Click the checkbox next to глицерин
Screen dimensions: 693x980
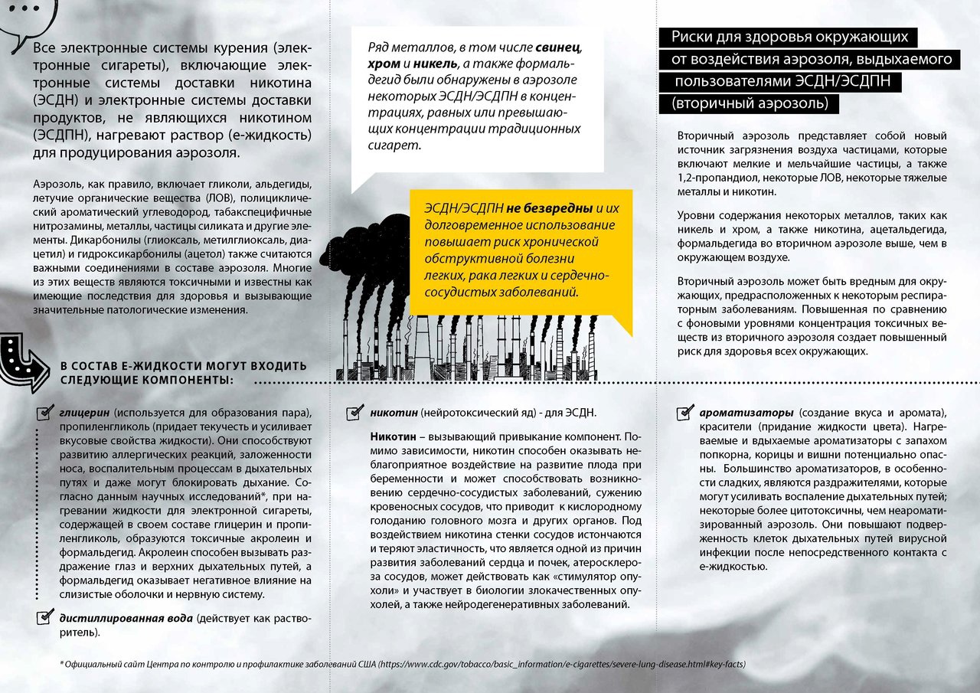(x=45, y=414)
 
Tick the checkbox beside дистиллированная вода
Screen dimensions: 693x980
(x=45, y=617)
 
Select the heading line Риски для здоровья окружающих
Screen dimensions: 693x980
(x=789, y=37)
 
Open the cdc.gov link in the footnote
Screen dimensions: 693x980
(x=562, y=664)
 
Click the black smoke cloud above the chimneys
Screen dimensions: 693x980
(x=383, y=245)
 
